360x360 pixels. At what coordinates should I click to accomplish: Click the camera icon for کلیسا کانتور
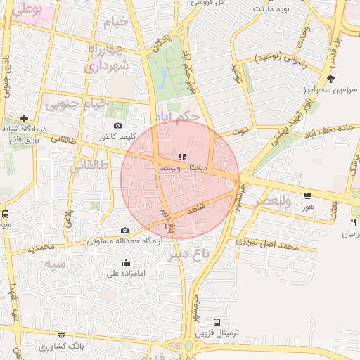pyautogui.click(x=117, y=125)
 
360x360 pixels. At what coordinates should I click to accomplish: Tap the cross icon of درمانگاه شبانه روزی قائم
pyautogui.click(x=25, y=119)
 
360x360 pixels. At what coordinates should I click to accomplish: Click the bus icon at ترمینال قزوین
pyautogui.click(x=216, y=322)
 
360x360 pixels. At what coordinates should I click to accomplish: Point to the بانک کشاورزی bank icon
pyautogui.click(x=62, y=337)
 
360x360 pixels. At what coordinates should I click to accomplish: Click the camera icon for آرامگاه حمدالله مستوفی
pyautogui.click(x=125, y=231)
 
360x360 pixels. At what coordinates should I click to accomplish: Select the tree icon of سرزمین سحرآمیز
pyautogui.click(x=330, y=78)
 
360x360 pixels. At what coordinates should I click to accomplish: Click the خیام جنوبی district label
pyautogui.click(x=77, y=103)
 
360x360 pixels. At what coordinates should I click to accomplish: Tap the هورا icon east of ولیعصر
pyautogui.click(x=307, y=196)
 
